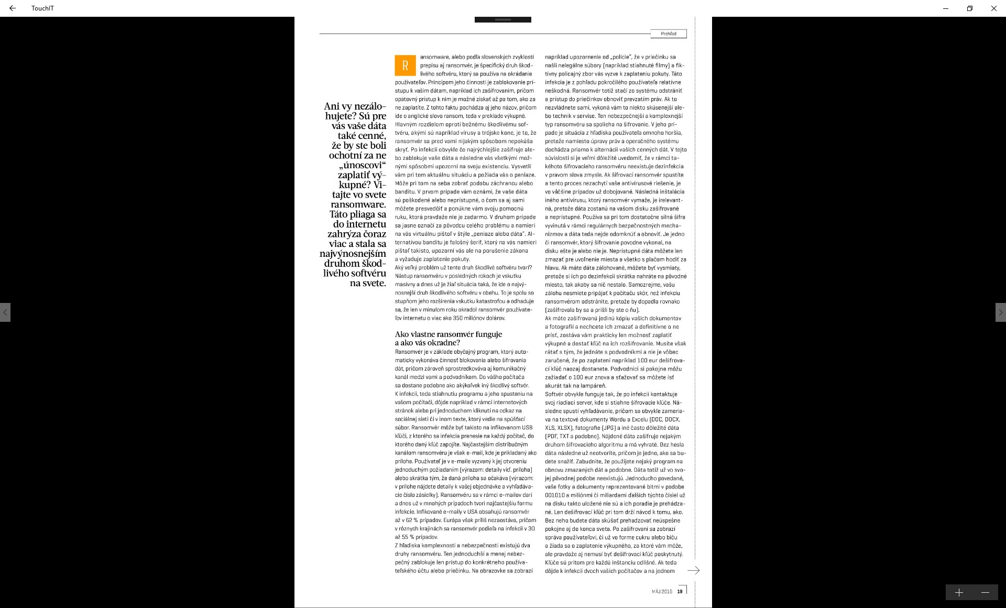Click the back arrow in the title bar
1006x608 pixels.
click(x=13, y=8)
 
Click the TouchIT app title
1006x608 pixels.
click(x=42, y=8)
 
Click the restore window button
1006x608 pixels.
click(x=970, y=8)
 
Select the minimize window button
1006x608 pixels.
click(x=946, y=8)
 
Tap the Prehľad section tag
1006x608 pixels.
click(x=669, y=34)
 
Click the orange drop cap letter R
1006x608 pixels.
click(x=405, y=66)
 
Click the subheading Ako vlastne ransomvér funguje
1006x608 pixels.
click(x=448, y=334)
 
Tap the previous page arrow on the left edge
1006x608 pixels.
click(x=5, y=312)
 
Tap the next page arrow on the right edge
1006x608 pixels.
click(x=1000, y=312)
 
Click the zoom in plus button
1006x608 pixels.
click(x=959, y=592)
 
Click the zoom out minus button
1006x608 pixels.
click(x=985, y=592)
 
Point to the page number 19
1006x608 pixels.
click(x=680, y=592)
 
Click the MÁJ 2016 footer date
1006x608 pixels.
click(x=662, y=592)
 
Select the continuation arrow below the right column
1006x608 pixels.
click(x=693, y=570)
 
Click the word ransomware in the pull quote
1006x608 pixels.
click(x=358, y=204)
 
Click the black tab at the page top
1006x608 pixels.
click(x=502, y=19)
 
